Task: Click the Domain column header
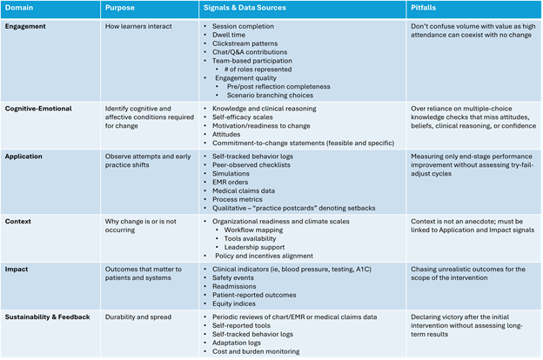tap(20, 9)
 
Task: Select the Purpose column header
tap(120, 9)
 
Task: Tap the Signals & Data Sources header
tap(244, 9)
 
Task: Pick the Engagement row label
tap(27, 26)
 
